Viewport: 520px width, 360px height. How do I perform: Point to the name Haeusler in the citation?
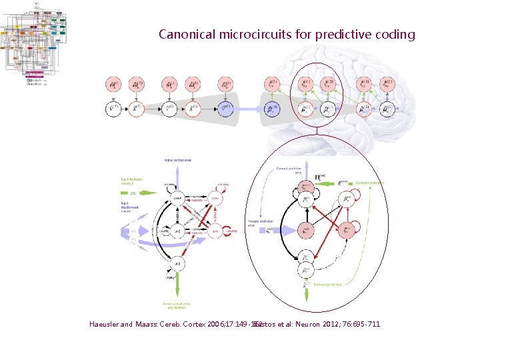tap(103, 325)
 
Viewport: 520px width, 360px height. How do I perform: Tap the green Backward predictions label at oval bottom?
tap(329, 284)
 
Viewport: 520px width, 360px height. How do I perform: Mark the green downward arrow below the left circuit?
tap(178, 287)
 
